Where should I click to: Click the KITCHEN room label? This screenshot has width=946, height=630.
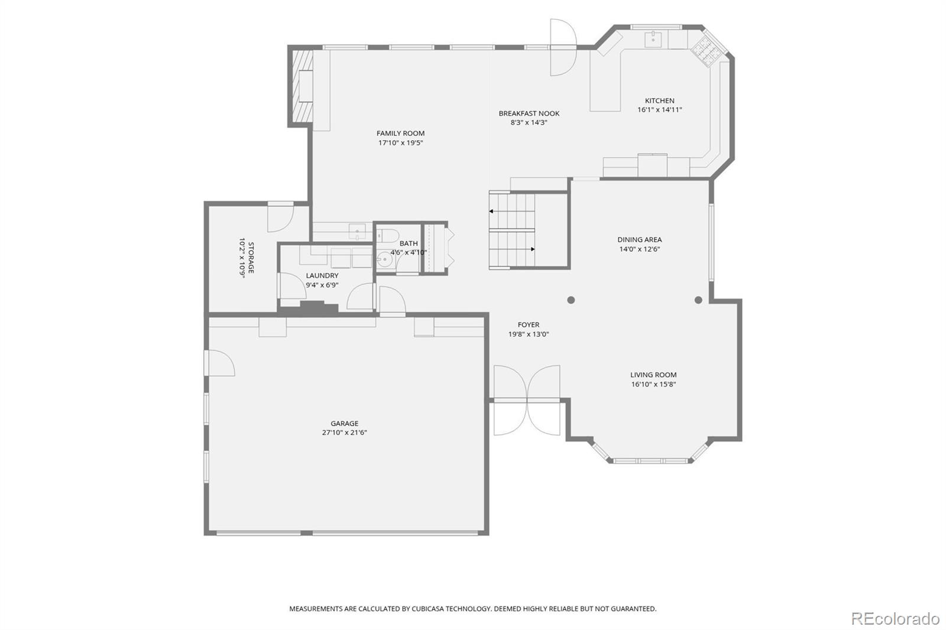tap(659, 100)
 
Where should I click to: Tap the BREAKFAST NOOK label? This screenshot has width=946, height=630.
tap(529, 113)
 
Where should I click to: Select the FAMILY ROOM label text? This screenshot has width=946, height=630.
tap(400, 133)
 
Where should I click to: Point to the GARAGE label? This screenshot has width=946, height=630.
tap(344, 423)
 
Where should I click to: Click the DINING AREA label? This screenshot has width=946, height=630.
tap(639, 239)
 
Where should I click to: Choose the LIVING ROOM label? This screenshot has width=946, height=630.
tap(653, 375)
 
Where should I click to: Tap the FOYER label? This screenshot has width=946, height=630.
tap(529, 324)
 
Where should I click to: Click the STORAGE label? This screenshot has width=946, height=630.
tap(251, 258)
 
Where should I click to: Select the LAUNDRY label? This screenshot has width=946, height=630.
tap(322, 275)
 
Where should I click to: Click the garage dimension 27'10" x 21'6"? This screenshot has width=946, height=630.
tap(344, 433)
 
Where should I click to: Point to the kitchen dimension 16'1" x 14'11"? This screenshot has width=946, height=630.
tap(659, 110)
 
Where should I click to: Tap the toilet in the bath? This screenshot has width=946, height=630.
tap(387, 235)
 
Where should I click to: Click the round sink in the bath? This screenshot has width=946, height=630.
tap(384, 260)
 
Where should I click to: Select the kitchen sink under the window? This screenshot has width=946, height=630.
tap(653, 40)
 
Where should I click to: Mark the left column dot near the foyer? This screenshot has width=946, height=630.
tap(571, 300)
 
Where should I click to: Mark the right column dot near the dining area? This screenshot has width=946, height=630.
tap(698, 300)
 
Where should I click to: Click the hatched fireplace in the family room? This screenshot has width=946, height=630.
tap(302, 86)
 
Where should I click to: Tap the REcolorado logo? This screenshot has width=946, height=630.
tap(895, 619)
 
